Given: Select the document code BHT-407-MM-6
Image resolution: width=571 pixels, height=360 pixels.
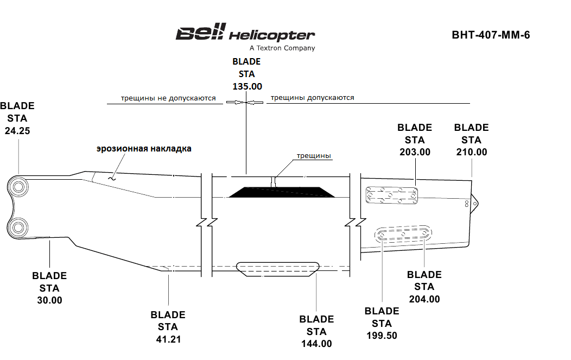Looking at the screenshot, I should tap(490, 35).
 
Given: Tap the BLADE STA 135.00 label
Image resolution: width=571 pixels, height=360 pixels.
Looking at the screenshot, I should tap(246, 74).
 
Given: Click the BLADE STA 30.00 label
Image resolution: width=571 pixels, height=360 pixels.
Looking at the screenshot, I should tap(49, 288).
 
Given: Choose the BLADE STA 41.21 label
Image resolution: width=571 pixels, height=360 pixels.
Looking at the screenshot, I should tap(168, 327).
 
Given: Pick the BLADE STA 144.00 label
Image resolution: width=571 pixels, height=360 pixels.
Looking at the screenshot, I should tap(316, 331).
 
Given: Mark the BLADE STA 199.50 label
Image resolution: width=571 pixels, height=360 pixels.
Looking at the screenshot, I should tap(382, 323).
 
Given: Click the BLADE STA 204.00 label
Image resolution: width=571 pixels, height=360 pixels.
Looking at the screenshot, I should tap(424, 287).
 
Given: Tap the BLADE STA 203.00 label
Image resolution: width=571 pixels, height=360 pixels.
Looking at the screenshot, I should tap(415, 140).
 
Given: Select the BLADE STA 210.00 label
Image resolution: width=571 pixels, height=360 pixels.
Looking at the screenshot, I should tap(471, 140).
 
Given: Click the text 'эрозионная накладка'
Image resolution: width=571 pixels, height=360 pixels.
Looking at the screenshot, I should tap(144, 148).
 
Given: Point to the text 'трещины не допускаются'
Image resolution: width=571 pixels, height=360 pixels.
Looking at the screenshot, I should tap(168, 99).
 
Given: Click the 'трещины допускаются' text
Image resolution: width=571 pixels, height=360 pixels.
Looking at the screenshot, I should tap(312, 98).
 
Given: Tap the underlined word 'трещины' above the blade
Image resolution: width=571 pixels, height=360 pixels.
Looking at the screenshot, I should tap(314, 156).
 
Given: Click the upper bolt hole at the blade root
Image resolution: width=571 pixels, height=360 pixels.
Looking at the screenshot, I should tap(18, 188).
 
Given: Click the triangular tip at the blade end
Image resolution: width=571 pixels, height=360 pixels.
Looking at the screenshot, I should tap(475, 203).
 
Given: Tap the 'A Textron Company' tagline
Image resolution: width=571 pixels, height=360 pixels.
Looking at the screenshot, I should tap(278, 48).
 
